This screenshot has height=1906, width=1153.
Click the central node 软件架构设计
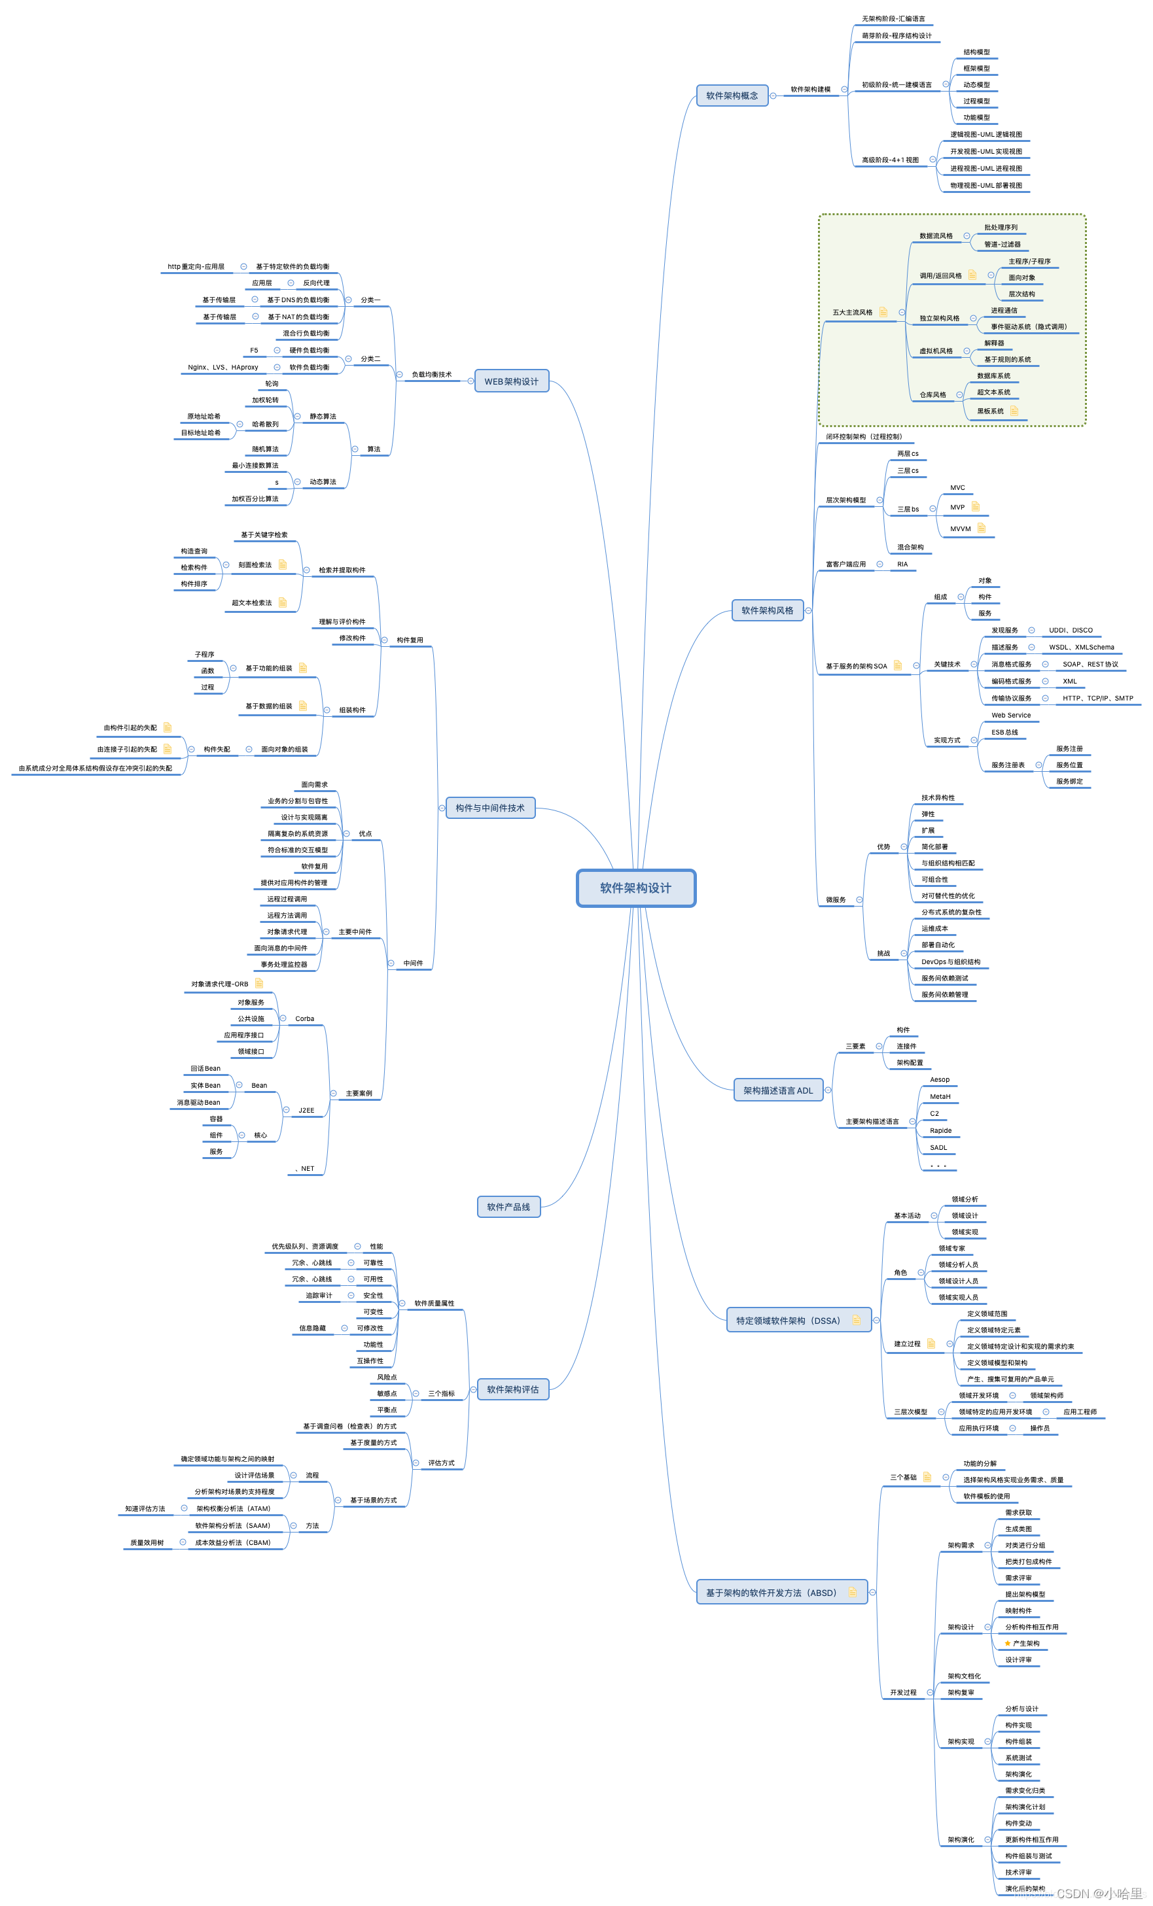[635, 888]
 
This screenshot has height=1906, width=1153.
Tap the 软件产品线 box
[508, 1207]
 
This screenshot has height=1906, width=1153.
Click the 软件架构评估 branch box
[512, 1389]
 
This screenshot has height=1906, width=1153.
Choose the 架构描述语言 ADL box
[777, 1091]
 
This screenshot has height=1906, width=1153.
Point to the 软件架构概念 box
[732, 96]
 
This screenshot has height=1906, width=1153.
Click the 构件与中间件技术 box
[490, 808]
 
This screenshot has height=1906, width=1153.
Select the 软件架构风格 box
[767, 610]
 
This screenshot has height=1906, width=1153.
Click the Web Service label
[1010, 716]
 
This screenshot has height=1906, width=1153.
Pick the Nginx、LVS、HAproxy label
[223, 368]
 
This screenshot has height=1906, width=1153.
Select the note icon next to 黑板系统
[1014, 411]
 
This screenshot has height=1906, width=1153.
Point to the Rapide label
[940, 1131]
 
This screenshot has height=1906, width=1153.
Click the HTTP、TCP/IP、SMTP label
[1097, 699]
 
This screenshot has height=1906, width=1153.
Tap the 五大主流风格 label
[852, 313]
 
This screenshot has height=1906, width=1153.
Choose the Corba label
[304, 1019]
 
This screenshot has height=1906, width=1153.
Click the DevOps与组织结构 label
[950, 962]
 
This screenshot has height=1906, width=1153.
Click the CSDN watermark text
[1099, 1894]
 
